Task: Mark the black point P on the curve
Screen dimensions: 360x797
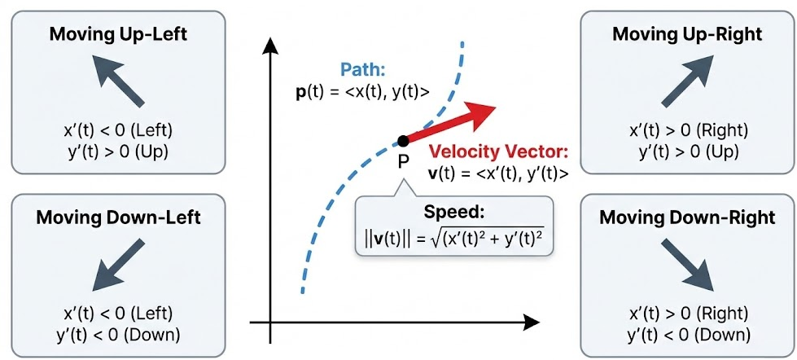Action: click(403, 142)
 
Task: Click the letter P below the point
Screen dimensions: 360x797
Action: click(403, 162)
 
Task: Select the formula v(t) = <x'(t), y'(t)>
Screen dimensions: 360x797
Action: click(497, 173)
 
